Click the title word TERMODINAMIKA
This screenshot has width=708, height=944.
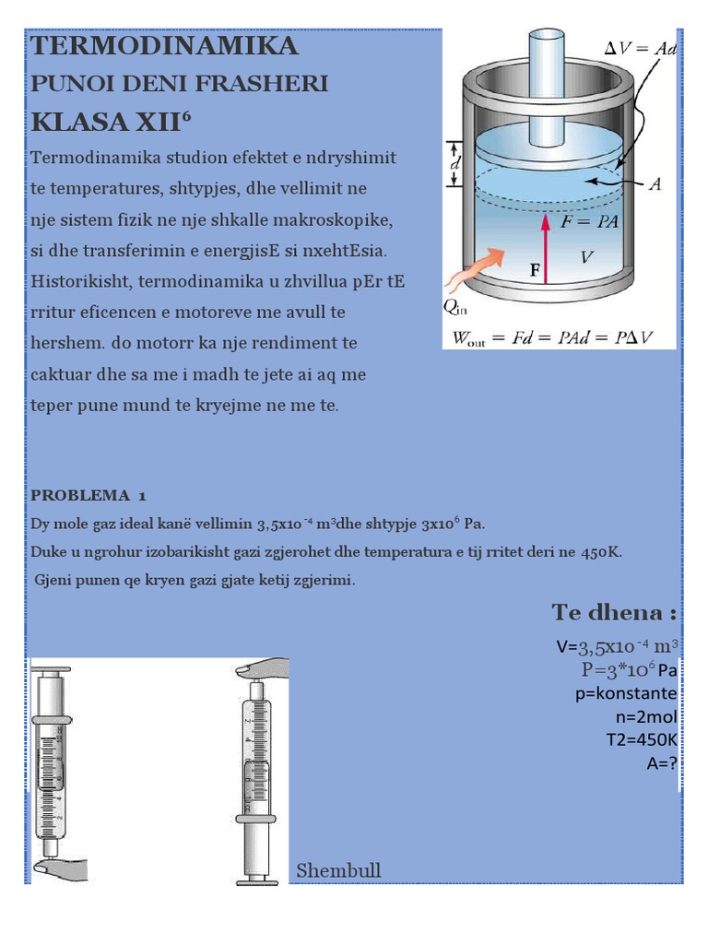coord(164,46)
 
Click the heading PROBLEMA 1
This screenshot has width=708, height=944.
coord(88,494)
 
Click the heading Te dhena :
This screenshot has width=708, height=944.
coord(614,612)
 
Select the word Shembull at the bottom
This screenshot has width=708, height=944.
coord(338,871)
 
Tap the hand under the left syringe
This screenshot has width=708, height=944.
coord(59,867)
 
